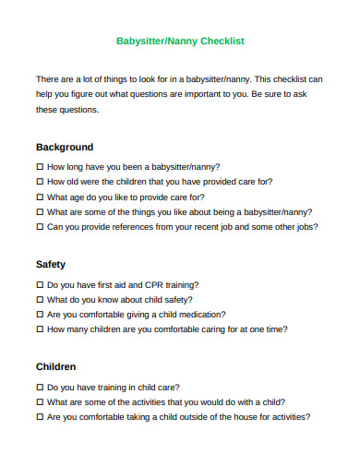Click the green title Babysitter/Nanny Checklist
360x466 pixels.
(x=180, y=42)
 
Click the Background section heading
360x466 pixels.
(x=65, y=147)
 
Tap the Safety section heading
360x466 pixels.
(x=51, y=264)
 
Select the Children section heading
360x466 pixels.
(x=56, y=366)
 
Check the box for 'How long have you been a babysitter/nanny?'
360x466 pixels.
(x=40, y=167)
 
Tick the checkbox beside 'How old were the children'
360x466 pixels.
(x=40, y=182)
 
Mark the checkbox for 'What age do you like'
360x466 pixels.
(x=40, y=197)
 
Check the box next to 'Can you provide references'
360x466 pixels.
(x=40, y=226)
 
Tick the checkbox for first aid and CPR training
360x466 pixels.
(x=40, y=285)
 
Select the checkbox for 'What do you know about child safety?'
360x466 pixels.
(x=40, y=300)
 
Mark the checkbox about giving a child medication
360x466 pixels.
(x=40, y=315)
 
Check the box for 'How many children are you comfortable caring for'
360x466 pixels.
(x=40, y=329)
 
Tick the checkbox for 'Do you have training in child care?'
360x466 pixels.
(x=40, y=388)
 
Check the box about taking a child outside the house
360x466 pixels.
(x=40, y=417)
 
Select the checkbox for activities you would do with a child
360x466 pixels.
(x=40, y=402)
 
